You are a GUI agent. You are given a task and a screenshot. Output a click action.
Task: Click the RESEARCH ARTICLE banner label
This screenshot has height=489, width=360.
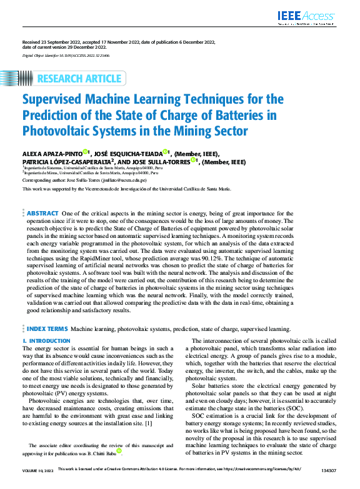tap(79, 79)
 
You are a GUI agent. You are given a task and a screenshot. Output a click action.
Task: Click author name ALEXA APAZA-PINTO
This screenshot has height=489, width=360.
tap(52, 152)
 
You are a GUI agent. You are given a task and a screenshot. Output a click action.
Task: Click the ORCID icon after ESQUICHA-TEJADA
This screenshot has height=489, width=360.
tap(166, 151)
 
